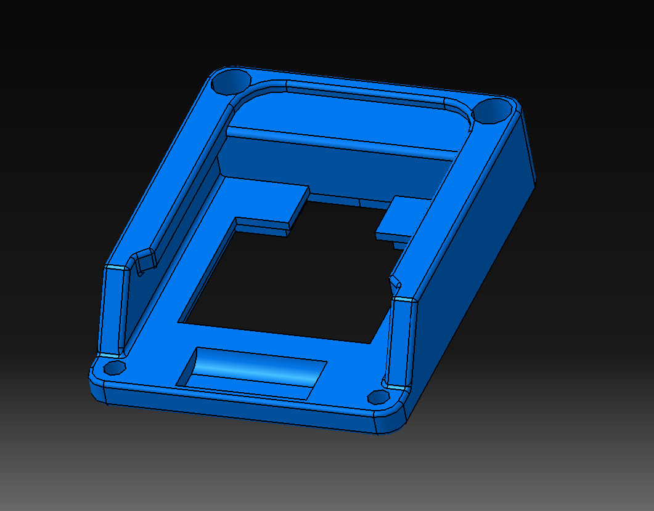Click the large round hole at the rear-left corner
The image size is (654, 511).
(x=231, y=81)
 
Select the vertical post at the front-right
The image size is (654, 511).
(x=401, y=342)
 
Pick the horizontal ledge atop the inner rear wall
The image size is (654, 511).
(x=339, y=141)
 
